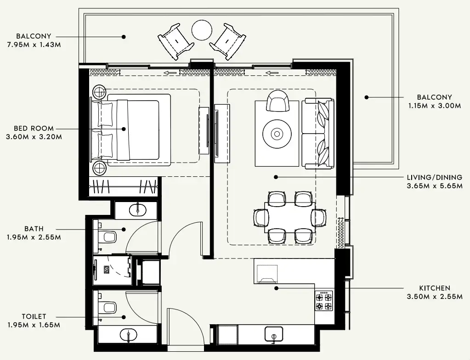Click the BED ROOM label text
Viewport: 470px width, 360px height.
[34, 129]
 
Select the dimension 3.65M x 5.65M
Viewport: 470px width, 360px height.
[434, 186]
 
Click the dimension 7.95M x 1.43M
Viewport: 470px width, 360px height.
[34, 45]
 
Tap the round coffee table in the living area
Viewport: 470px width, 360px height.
[277, 134]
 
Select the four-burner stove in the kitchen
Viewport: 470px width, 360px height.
[323, 301]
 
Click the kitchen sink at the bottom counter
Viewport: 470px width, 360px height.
[273, 334]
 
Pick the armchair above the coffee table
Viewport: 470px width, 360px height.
[277, 101]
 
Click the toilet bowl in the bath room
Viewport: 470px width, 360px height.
[108, 237]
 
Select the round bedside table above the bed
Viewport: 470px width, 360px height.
[99, 92]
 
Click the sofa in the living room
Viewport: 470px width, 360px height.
[318, 133]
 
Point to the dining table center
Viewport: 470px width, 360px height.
[289, 217]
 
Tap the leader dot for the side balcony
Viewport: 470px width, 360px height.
[367, 97]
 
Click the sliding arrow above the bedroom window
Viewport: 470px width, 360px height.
[171, 72]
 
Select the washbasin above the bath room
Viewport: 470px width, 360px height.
[136, 210]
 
